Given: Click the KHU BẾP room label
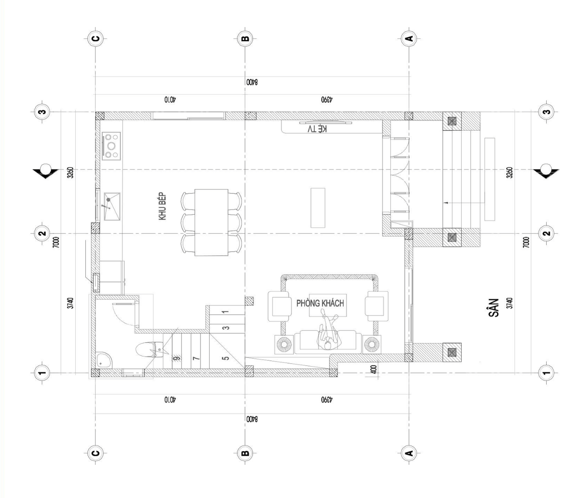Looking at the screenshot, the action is tap(163, 206).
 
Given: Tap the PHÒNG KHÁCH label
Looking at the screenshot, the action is tap(320, 303).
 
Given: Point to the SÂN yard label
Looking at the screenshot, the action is tap(494, 307).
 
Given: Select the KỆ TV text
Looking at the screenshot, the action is tap(317, 129).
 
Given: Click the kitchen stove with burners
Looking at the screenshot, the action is tap(111, 146).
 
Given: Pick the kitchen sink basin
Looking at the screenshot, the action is tap(112, 206).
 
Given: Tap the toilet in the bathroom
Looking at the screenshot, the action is tap(149, 350).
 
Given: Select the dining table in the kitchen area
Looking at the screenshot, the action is tap(211, 223).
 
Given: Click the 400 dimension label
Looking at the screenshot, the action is tap(374, 369).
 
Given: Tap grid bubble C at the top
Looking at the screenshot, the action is tap(96, 38).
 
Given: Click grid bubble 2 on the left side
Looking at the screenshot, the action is tap(42, 233).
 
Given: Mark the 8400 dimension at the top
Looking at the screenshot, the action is tap(252, 82).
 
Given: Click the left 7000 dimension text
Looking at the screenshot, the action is tap(56, 242).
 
